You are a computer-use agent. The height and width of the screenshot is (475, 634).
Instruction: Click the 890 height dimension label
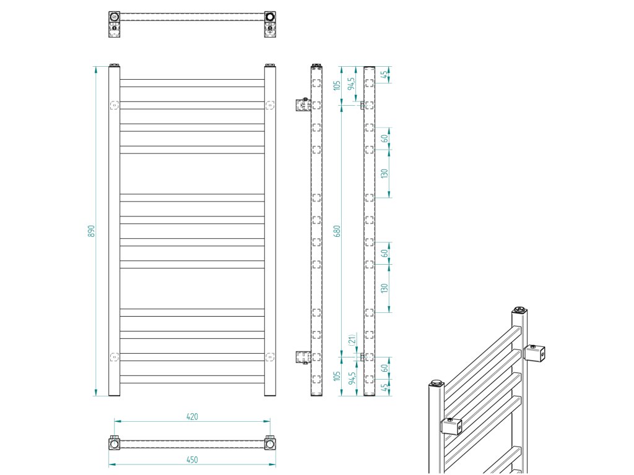pyautogui.click(x=91, y=231)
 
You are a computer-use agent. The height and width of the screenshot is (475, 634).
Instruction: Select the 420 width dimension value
pyautogui.click(x=192, y=417)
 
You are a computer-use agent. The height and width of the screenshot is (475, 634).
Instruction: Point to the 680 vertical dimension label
pyautogui.click(x=337, y=231)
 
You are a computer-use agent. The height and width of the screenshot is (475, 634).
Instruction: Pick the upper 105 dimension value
pyautogui.click(x=337, y=85)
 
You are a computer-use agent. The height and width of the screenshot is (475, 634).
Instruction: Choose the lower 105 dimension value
pyautogui.click(x=337, y=376)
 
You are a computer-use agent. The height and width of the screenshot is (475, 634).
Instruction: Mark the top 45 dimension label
pyautogui.click(x=384, y=74)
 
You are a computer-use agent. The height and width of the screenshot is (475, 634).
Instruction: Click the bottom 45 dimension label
pyautogui.click(x=384, y=388)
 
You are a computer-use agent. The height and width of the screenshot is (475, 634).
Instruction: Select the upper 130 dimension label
pyautogui.click(x=384, y=174)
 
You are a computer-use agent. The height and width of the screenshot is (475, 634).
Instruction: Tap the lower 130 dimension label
pyautogui.click(x=384, y=288)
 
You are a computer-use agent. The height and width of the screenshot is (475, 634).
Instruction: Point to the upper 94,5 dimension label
pyautogui.click(x=353, y=83)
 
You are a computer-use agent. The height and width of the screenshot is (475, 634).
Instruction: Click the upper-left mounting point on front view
pyautogui.click(x=114, y=105)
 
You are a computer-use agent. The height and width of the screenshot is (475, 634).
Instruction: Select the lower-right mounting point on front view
pyautogui.click(x=269, y=357)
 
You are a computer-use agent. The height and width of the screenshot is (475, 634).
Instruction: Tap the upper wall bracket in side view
pyautogui.click(x=303, y=104)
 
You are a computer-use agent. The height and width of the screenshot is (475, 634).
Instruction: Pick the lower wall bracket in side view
pyautogui.click(x=302, y=357)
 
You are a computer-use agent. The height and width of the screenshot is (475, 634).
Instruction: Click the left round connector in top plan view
pyautogui.click(x=115, y=17)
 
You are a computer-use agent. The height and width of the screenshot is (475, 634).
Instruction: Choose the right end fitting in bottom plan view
pyautogui.click(x=270, y=443)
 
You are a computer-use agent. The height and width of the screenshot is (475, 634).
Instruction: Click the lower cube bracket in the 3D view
pyautogui.click(x=452, y=426)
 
